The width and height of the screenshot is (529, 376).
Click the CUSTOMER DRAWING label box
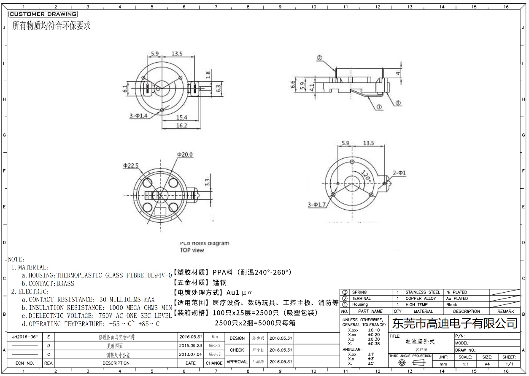pos(43,14)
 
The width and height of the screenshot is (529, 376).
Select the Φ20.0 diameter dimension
pos(185,155)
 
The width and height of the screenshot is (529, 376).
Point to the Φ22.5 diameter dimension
pos(131,166)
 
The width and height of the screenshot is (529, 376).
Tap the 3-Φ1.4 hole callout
pos(139,115)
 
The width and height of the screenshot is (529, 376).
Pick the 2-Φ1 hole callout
pos(399,173)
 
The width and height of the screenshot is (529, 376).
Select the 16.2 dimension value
pos(182,125)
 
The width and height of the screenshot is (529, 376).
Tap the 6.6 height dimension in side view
pos(293,85)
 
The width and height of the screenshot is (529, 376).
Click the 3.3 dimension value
pos(207,182)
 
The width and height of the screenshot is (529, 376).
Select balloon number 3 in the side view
pos(398,103)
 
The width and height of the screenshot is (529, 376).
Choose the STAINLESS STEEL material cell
pos(423,292)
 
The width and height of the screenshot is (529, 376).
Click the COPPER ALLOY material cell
pos(421,299)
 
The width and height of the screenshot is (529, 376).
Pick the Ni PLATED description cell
pos(456,292)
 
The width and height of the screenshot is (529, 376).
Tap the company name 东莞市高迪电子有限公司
pos(455,323)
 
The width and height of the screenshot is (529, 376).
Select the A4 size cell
pos(487,364)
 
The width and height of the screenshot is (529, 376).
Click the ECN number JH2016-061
pos(25,337)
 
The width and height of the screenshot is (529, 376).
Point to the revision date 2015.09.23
pos(190,346)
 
